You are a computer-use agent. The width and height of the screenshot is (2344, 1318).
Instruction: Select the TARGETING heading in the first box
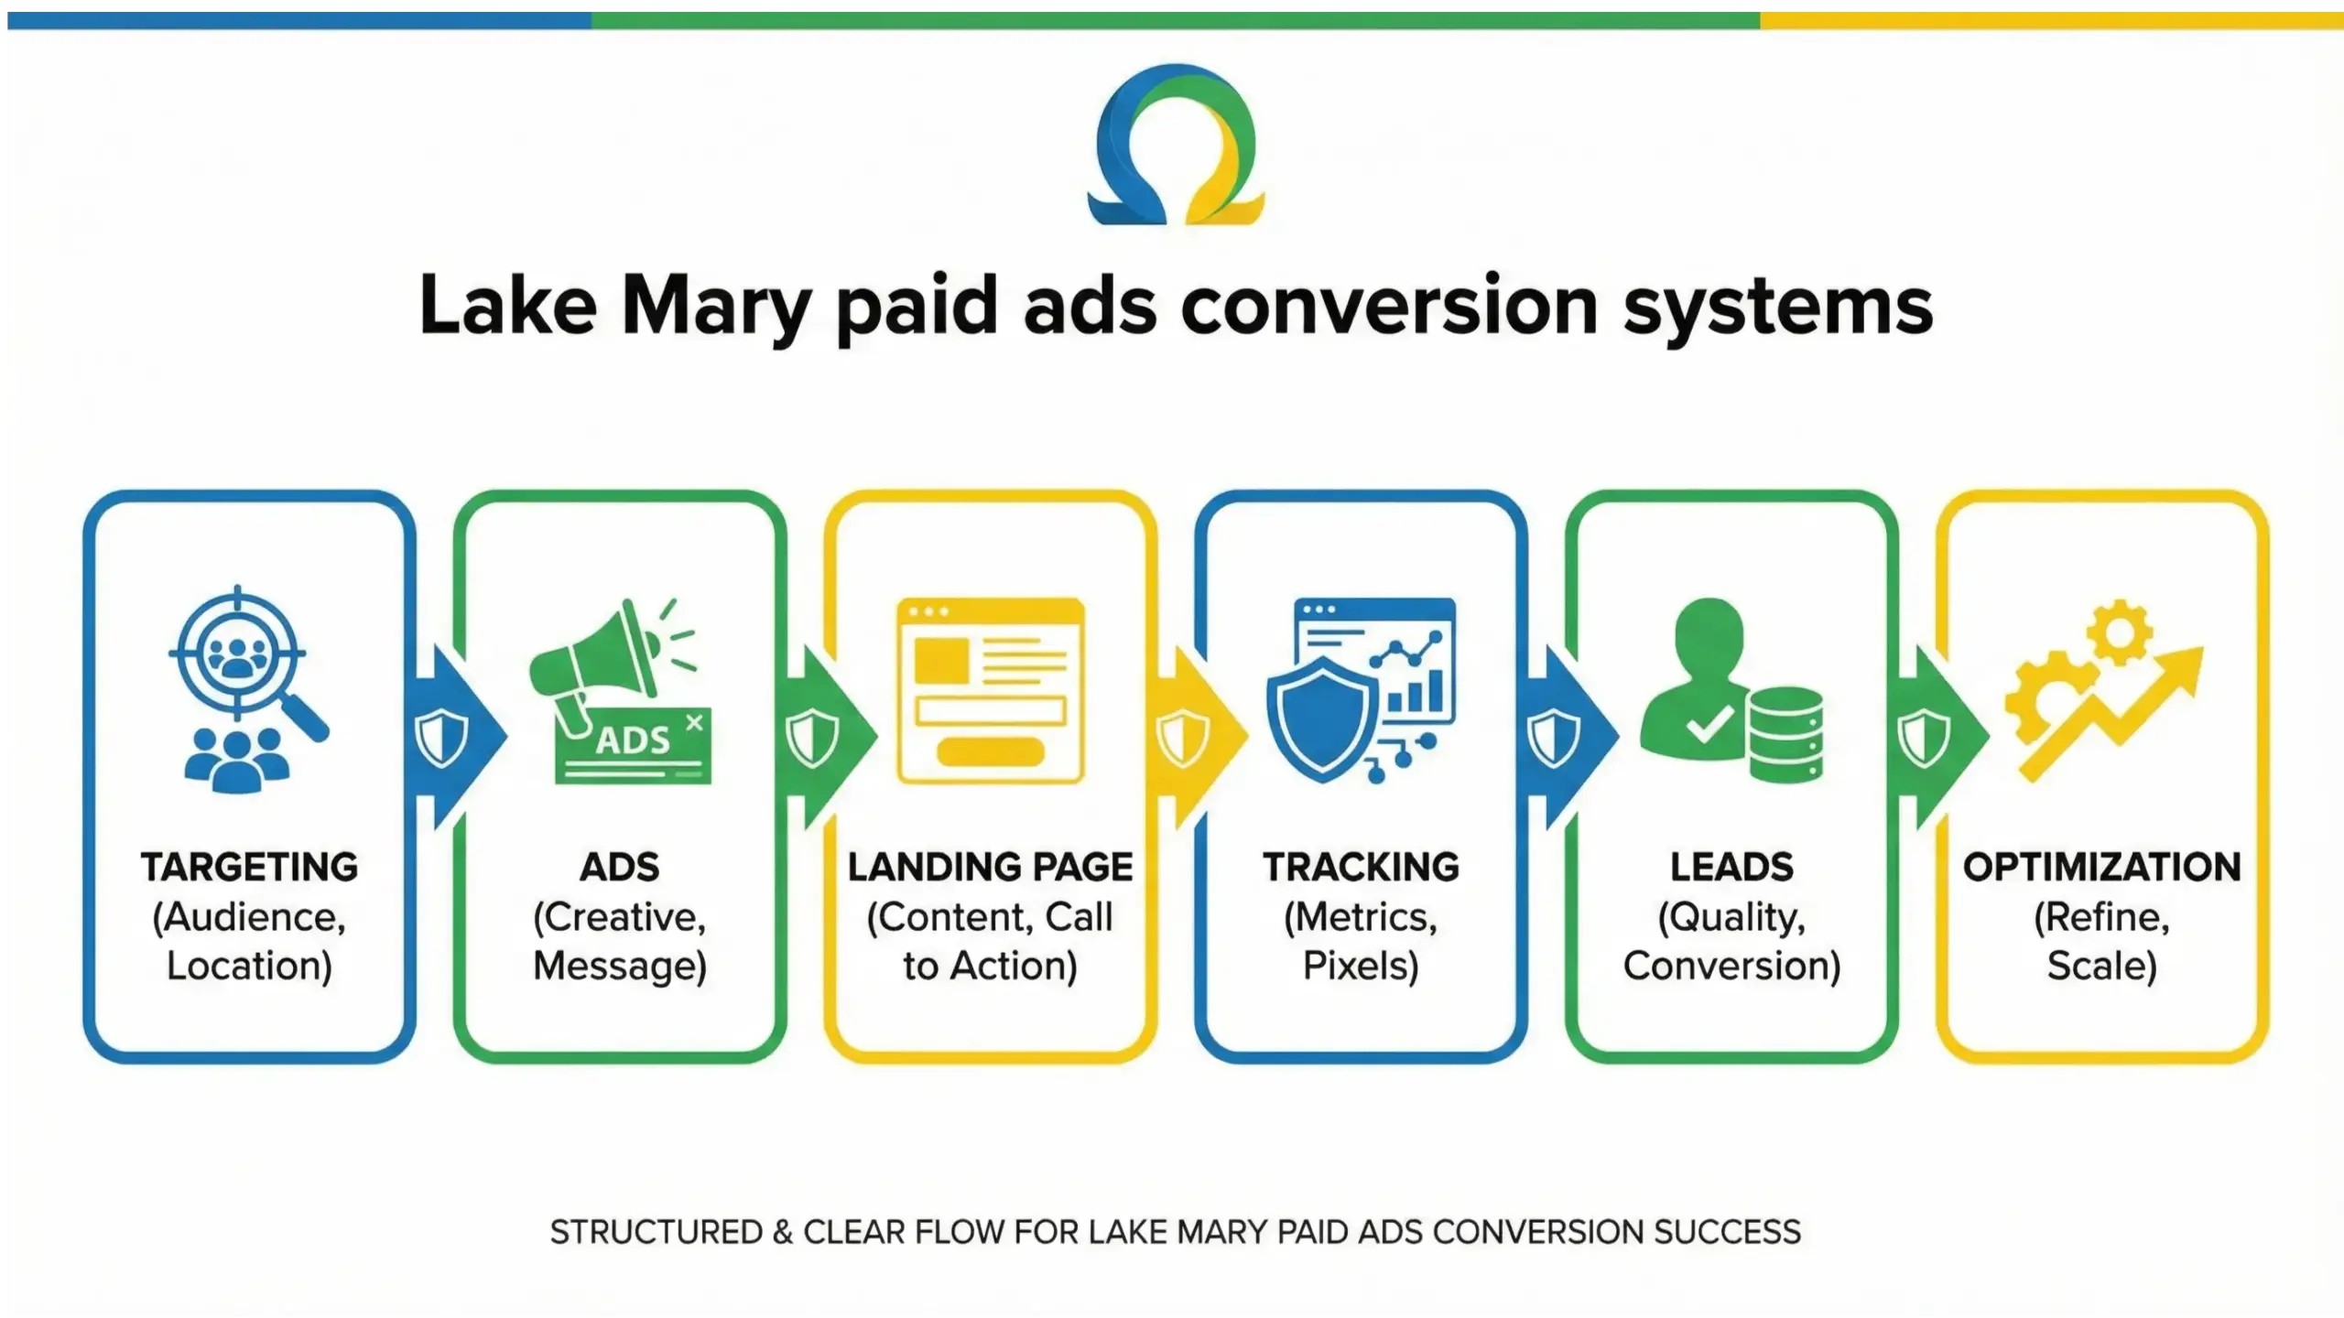(x=249, y=867)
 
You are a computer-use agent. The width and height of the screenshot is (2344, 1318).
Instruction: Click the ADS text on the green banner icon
(x=634, y=740)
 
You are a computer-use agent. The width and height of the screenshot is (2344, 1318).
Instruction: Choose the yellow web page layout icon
(x=991, y=691)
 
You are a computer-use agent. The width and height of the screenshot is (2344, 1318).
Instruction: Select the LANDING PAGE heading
(x=990, y=867)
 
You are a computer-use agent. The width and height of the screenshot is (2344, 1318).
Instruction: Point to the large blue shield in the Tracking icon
(x=1322, y=718)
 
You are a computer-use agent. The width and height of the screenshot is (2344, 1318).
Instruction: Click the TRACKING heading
(x=1361, y=867)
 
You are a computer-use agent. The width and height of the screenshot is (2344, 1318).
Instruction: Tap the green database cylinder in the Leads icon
(x=1785, y=735)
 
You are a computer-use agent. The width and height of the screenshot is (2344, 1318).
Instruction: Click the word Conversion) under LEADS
(x=1731, y=967)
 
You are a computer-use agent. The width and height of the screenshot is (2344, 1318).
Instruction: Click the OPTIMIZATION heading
(x=2101, y=867)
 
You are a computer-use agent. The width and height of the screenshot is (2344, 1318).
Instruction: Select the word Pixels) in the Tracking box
(x=1361, y=967)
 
